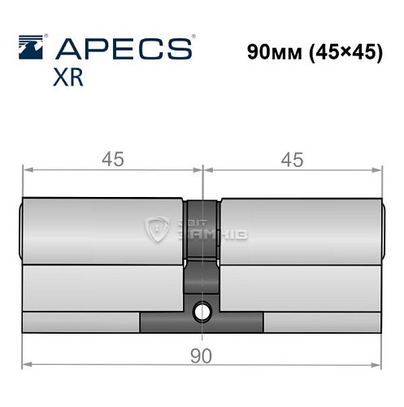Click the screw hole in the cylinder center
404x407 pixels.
click(x=202, y=311)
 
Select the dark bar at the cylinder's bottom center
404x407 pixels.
click(x=202, y=323)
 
